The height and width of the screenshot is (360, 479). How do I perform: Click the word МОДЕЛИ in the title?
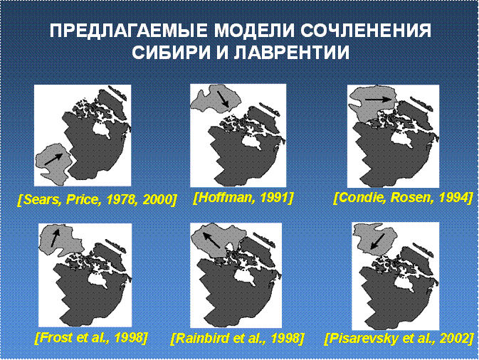coord(254,31)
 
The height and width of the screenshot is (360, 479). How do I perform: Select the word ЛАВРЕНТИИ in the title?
coord(293,53)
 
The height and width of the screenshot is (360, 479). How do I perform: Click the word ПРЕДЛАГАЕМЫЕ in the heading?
coord(129,31)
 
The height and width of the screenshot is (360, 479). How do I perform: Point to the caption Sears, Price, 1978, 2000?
coord(98,200)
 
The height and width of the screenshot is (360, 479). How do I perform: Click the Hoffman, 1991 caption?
coord(243,198)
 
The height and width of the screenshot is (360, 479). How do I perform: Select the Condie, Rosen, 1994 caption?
coord(403,198)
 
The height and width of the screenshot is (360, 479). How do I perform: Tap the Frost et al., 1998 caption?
coord(91,337)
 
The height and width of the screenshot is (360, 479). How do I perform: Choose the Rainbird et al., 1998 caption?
coord(237,339)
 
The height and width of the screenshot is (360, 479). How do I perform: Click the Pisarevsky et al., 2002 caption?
coord(399,339)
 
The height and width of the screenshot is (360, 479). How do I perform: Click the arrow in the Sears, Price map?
coord(54,159)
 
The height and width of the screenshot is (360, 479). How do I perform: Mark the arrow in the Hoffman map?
coord(223,99)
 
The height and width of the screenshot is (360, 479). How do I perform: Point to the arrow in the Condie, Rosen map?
coord(379,99)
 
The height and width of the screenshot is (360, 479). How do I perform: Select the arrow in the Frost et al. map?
coord(55,238)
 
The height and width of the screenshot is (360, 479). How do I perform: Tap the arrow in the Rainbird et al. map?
coord(211,240)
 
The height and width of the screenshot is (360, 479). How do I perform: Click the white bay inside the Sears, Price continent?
coord(102,129)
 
